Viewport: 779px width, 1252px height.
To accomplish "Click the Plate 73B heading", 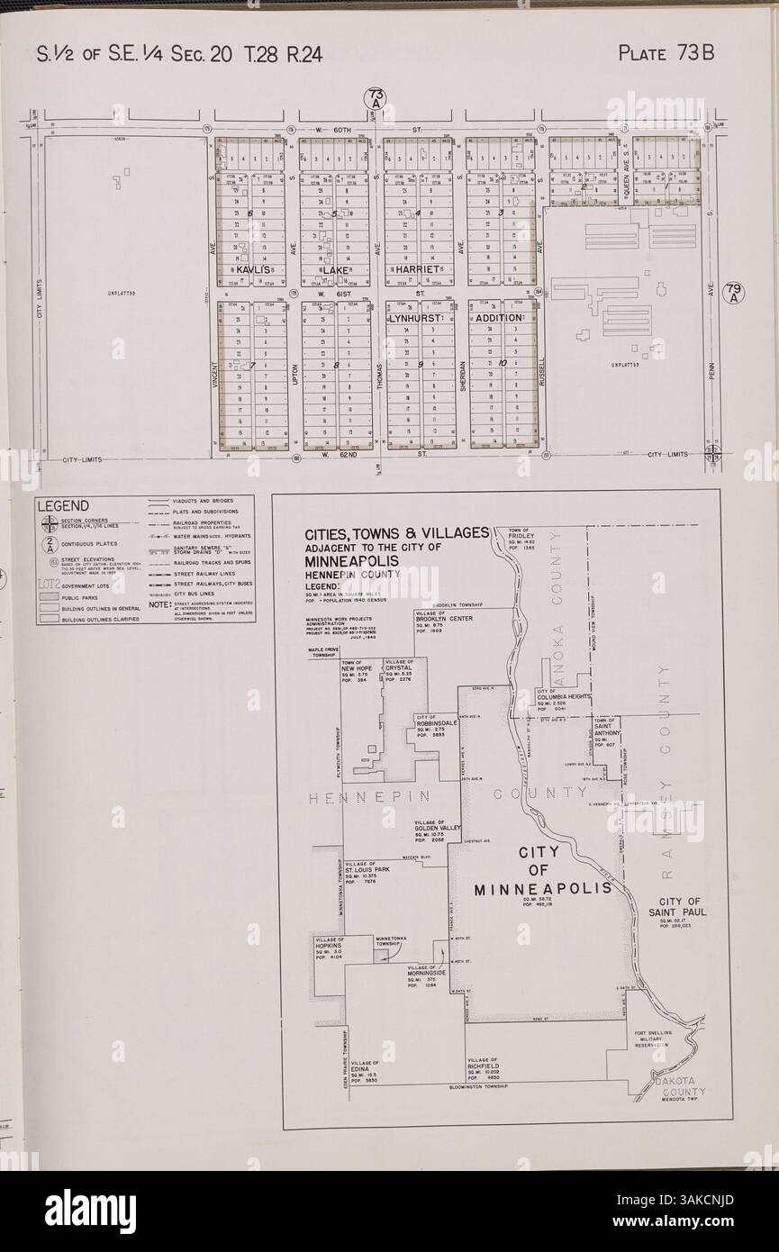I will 666,52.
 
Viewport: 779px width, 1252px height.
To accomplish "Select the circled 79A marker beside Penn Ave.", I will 735,292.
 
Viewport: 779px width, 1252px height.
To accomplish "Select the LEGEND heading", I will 64,505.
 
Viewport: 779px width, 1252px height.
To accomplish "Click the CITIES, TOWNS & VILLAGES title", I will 396,532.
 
